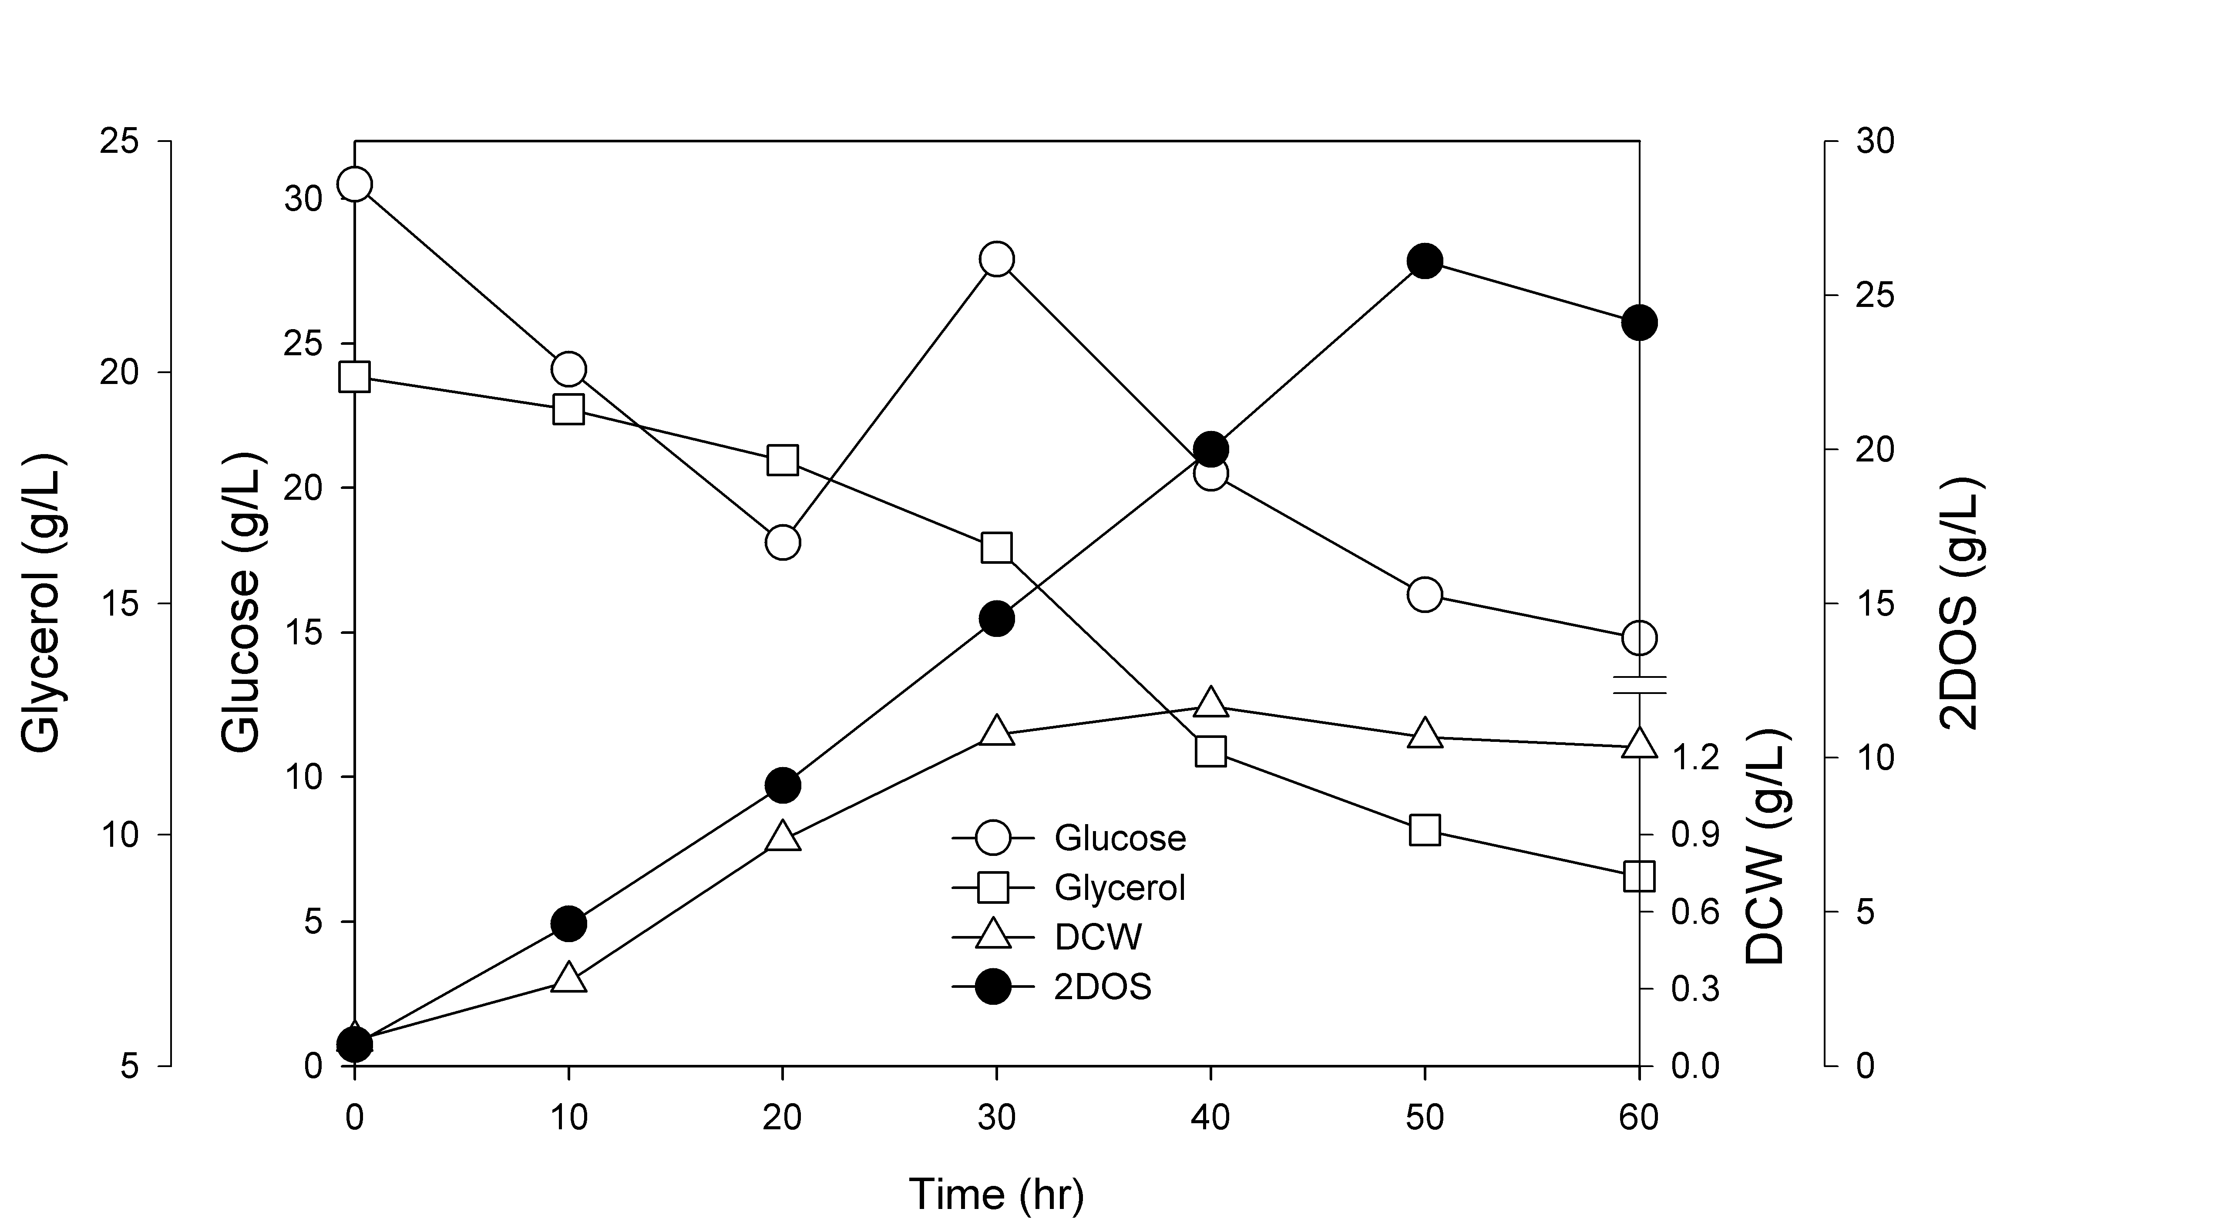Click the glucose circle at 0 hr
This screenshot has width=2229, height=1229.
[355, 184]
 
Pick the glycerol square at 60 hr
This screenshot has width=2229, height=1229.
[1639, 875]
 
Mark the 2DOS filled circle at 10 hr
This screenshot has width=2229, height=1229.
[568, 923]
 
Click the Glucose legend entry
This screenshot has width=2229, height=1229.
[1069, 838]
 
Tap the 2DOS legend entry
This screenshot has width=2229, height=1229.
[1052, 987]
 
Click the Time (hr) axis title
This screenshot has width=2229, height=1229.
[996, 1194]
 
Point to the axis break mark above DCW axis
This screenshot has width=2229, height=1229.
[1639, 685]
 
